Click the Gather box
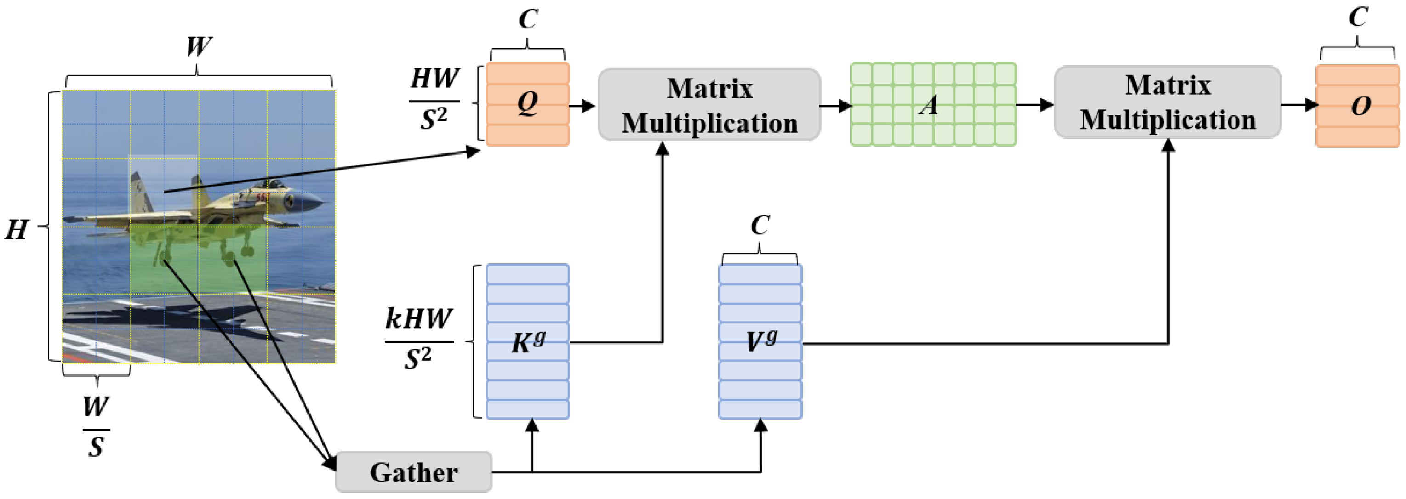tap(413, 472)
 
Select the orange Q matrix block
tap(527, 104)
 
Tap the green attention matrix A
tap(933, 104)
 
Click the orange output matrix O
tap(1357, 105)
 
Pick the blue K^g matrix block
tap(527, 342)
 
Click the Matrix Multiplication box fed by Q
tap(709, 104)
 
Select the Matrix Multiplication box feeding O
tap(1167, 102)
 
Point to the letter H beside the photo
tap(17, 230)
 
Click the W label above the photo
tap(199, 46)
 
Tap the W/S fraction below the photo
tap(96, 427)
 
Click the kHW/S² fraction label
tap(419, 339)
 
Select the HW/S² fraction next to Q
tap(434, 99)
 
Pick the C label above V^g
tap(760, 225)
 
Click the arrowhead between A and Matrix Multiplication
tap(1045, 105)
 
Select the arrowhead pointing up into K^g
tap(532, 426)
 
